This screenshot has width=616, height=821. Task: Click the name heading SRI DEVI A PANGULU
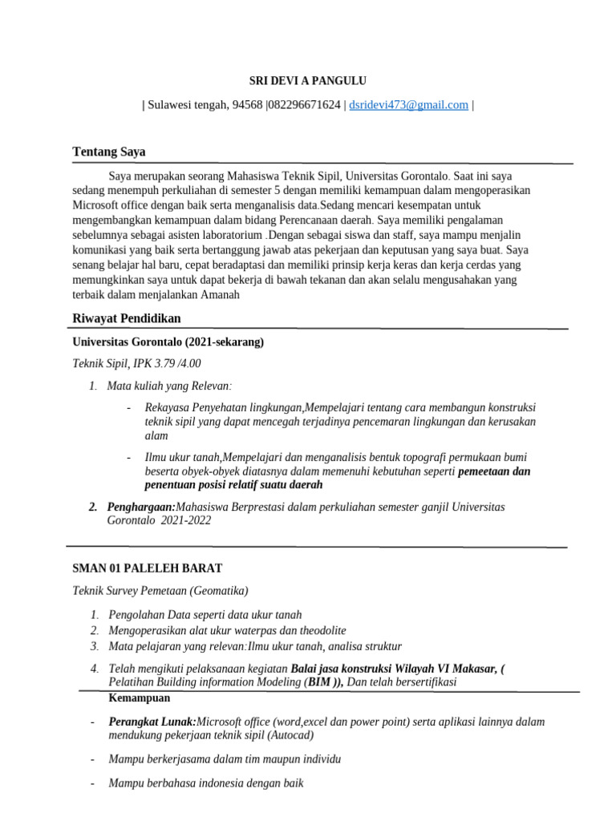tap(308, 80)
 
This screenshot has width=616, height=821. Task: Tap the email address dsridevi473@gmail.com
tap(408, 105)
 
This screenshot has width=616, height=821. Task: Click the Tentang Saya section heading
tap(109, 152)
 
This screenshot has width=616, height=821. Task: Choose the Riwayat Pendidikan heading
tap(127, 318)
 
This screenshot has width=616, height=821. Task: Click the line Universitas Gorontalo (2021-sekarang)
tap(168, 342)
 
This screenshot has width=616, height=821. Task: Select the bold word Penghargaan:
tap(141, 507)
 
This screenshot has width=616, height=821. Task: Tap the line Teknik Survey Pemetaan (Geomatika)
tap(160, 591)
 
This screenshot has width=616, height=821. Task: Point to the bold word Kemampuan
tap(134, 698)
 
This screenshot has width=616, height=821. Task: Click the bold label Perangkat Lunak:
tap(152, 722)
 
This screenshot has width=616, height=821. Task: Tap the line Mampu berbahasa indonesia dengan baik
tap(205, 783)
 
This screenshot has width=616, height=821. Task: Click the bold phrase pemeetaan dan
tap(494, 471)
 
